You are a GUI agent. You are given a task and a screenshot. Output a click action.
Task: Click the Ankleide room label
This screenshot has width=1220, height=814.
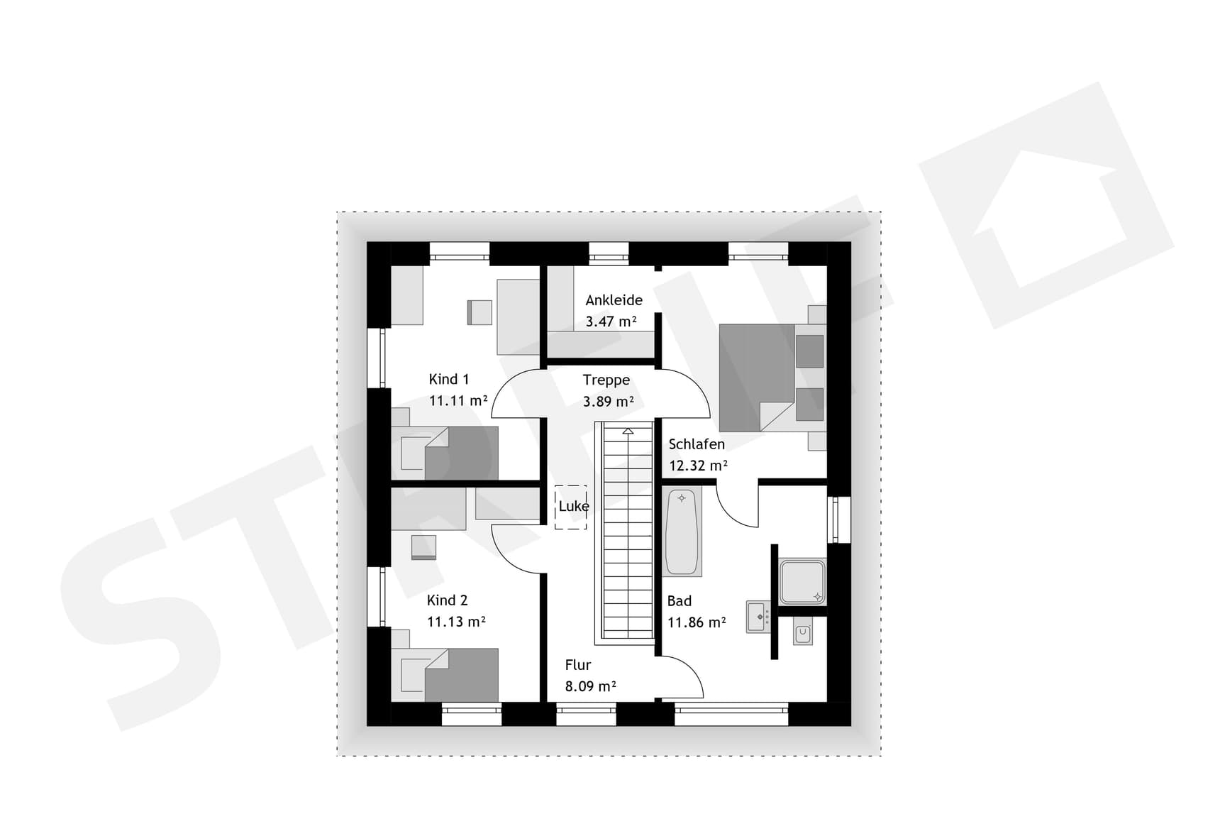pyautogui.click(x=614, y=300)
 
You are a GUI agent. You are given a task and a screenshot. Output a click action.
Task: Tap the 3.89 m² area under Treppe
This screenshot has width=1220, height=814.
pyautogui.click(x=608, y=402)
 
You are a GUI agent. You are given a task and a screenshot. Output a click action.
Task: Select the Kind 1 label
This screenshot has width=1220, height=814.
pyautogui.click(x=448, y=379)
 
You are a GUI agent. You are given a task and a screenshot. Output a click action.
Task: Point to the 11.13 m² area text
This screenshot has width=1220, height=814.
pyautogui.click(x=455, y=622)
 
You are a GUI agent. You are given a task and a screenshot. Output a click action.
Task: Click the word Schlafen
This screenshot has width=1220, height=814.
pyautogui.click(x=696, y=444)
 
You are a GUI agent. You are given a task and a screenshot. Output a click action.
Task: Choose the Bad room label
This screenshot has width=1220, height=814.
pyautogui.click(x=679, y=601)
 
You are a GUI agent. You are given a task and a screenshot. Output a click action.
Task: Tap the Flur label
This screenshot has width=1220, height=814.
pyautogui.click(x=577, y=665)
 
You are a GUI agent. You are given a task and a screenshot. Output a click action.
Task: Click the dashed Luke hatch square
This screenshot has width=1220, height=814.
pyautogui.click(x=570, y=507)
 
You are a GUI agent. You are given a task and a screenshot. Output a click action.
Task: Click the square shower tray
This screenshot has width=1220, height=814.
pyautogui.click(x=802, y=582)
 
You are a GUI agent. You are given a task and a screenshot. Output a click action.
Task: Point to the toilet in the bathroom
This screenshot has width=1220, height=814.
pyautogui.click(x=803, y=633)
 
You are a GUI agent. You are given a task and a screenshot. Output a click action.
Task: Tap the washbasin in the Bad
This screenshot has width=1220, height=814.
pyautogui.click(x=758, y=617)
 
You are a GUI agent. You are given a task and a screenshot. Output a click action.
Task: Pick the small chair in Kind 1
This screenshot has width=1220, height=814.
pyautogui.click(x=480, y=312)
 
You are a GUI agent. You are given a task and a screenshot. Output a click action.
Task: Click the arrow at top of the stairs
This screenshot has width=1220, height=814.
pyautogui.click(x=628, y=431)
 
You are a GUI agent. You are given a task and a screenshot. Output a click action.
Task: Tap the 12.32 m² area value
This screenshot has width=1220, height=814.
pyautogui.click(x=698, y=466)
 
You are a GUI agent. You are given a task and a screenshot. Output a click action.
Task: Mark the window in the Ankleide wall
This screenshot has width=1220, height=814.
pyautogui.click(x=609, y=253)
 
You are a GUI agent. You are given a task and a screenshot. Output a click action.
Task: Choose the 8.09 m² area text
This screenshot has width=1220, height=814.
pyautogui.click(x=590, y=686)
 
